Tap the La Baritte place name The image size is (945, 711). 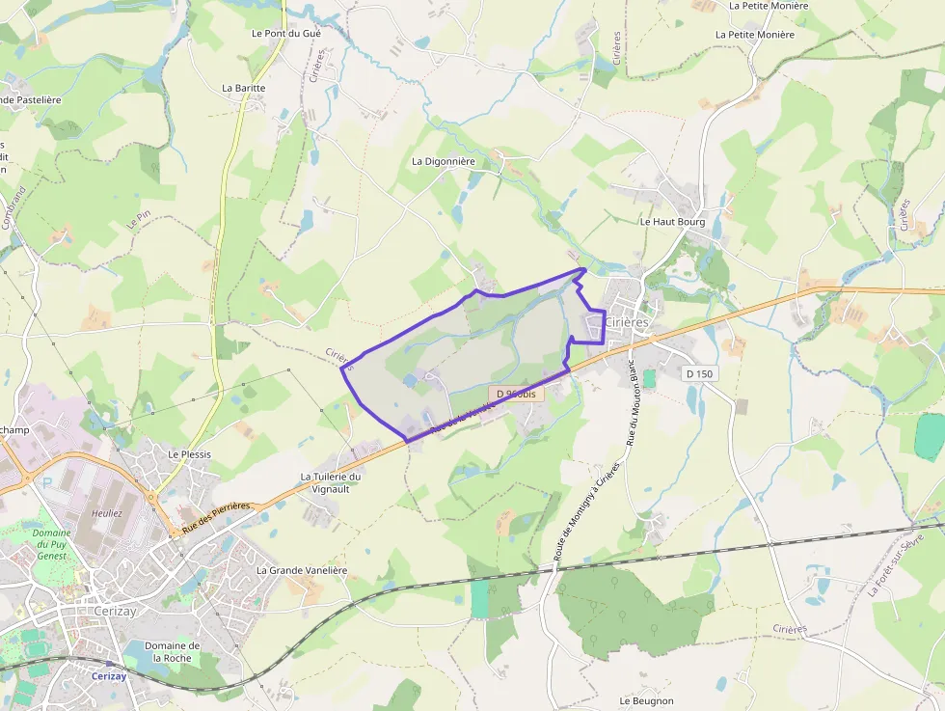pos(243,88)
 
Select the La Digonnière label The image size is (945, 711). pos(444,161)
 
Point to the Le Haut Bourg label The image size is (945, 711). pos(672,222)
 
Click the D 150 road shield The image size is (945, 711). pos(702,373)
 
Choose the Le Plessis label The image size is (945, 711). pos(189,454)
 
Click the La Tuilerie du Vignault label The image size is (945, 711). pos(331,482)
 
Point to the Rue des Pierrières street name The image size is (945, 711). pos(216,518)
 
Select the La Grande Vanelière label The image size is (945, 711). pos(301,570)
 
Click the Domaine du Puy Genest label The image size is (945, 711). pos(51,544)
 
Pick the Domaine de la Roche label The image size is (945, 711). pos(172,651)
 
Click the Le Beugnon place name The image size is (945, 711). pos(646,700)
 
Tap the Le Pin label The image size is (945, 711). pos(139,219)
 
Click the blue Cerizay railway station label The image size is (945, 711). pos(109,676)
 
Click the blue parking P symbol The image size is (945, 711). pos(46,482)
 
